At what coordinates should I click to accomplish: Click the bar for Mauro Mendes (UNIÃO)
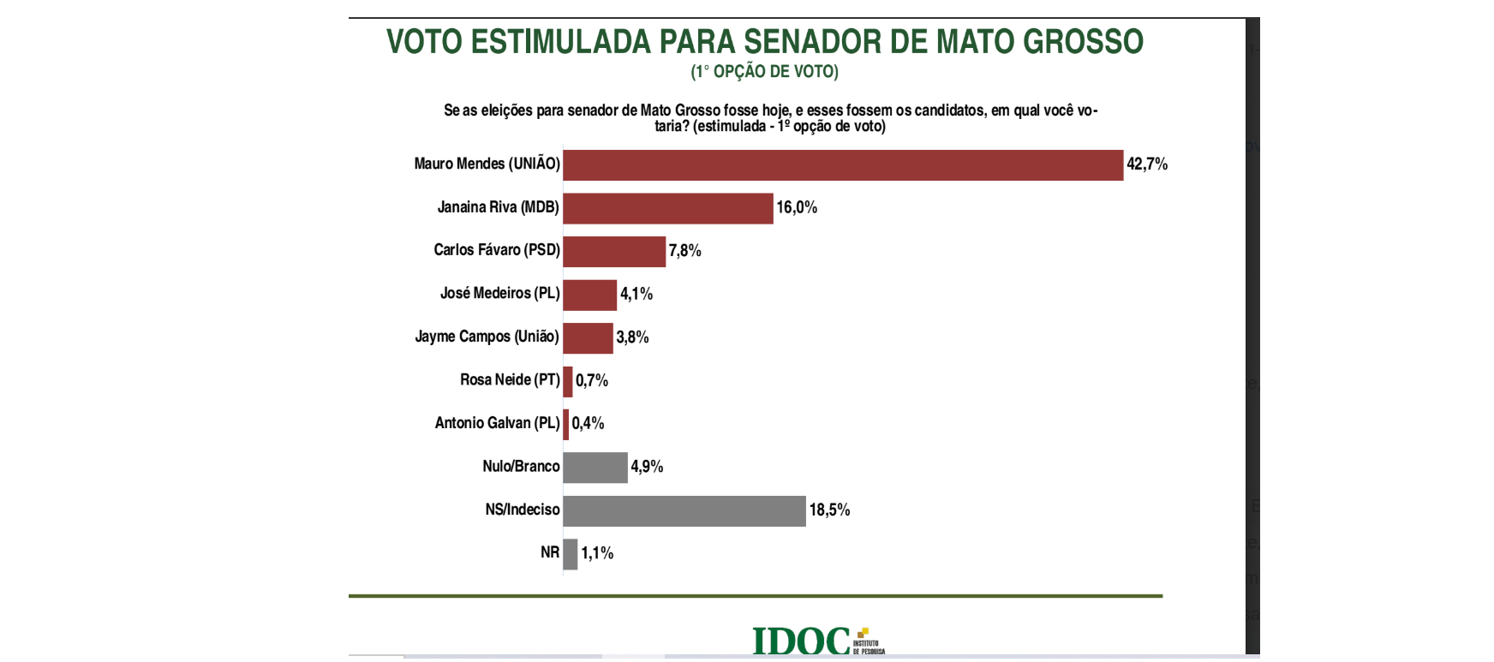click(x=843, y=165)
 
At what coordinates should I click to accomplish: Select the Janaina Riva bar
click(x=668, y=208)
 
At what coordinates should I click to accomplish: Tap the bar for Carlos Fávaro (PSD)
click(x=614, y=252)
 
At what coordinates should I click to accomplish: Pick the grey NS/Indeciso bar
click(x=684, y=511)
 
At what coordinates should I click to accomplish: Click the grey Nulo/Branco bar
click(x=595, y=468)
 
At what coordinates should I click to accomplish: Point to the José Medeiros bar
click(x=590, y=295)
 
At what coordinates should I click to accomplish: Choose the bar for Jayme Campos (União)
click(x=589, y=338)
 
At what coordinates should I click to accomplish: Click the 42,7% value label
click(x=1147, y=164)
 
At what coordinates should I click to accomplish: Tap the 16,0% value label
click(x=797, y=207)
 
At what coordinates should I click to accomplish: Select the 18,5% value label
click(x=829, y=510)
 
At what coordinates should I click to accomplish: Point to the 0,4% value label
click(x=588, y=423)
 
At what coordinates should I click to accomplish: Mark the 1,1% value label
click(x=597, y=553)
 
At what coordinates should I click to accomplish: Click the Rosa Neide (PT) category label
click(x=510, y=379)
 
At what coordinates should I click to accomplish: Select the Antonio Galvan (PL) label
click(x=497, y=423)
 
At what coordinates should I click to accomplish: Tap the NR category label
click(x=550, y=552)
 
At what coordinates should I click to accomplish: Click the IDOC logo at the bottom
click(x=816, y=641)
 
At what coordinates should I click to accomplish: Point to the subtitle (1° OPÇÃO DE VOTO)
click(x=764, y=72)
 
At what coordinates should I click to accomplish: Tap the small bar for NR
click(x=571, y=554)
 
